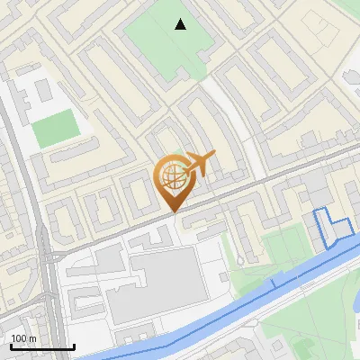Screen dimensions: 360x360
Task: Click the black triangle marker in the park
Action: point(181,24)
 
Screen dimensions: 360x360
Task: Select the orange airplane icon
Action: point(200,164)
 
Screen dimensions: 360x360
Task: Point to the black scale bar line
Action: point(42,346)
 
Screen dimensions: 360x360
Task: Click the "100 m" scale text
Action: point(23,338)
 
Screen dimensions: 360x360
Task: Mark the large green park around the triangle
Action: point(162,45)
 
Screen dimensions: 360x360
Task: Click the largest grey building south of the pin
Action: point(164,286)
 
